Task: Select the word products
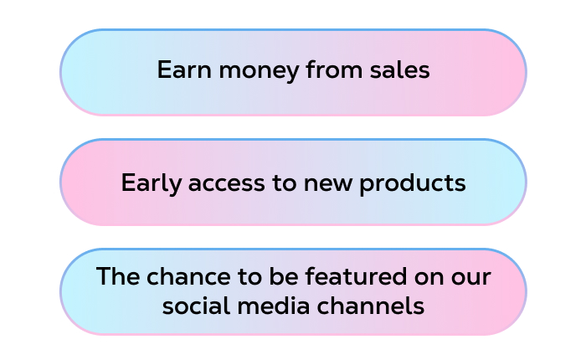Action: (416, 183)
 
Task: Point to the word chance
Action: (175, 276)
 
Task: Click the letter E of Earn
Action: (162, 70)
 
